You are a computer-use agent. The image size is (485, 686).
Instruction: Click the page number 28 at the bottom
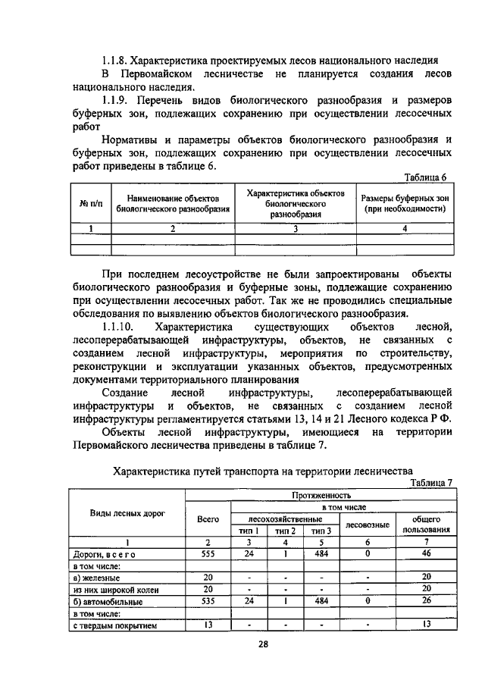click(242, 644)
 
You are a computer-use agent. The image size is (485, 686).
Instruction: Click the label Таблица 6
click(427, 178)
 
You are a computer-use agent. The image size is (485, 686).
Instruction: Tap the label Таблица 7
click(430, 483)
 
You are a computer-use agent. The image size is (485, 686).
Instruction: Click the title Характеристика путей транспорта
click(261, 471)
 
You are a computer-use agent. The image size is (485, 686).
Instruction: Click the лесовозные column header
click(367, 525)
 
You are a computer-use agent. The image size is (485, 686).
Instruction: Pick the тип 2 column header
click(285, 531)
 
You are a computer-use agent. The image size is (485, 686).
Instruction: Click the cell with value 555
click(208, 554)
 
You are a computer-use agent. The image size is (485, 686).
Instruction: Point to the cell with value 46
click(426, 554)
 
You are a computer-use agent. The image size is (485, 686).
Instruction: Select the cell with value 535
click(208, 601)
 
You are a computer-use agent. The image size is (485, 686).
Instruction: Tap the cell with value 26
click(426, 601)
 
